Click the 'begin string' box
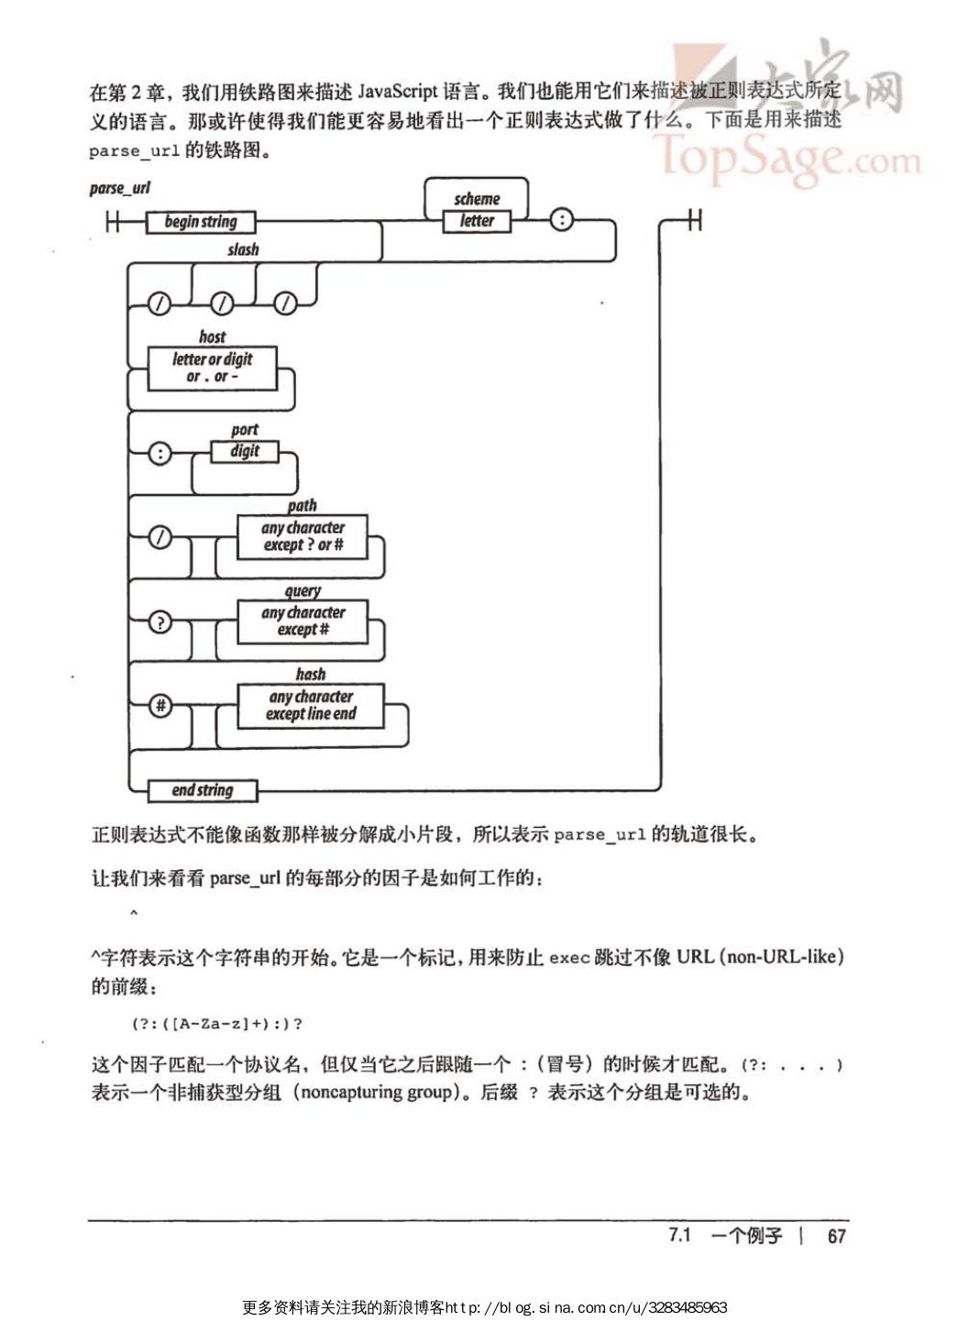pyautogui.click(x=200, y=222)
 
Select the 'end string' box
pyautogui.click(x=203, y=790)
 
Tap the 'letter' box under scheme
pyautogui.click(x=476, y=221)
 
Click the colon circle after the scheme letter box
pyautogui.click(x=560, y=220)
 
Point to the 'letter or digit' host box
pyautogui.click(x=212, y=368)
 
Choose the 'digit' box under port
pyautogui.click(x=244, y=451)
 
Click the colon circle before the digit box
pyautogui.click(x=160, y=453)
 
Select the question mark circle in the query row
pyautogui.click(x=160, y=622)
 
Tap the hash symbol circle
pyautogui.click(x=160, y=706)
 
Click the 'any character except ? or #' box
pyautogui.click(x=303, y=536)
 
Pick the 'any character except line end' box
pyautogui.click(x=311, y=706)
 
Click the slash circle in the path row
pyautogui.click(x=160, y=538)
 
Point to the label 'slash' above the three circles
pyautogui.click(x=243, y=249)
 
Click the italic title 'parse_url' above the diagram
pyautogui.click(x=119, y=188)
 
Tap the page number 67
pyautogui.click(x=836, y=1236)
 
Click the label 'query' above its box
pyautogui.click(x=303, y=591)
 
